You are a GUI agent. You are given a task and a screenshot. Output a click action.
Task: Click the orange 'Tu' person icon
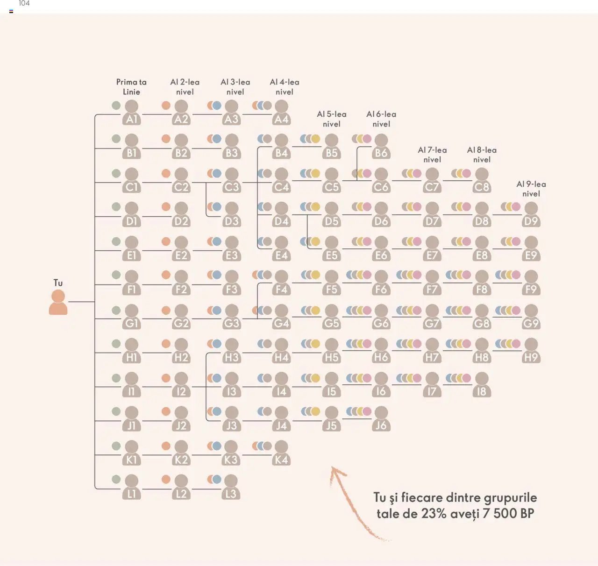pyautogui.click(x=58, y=302)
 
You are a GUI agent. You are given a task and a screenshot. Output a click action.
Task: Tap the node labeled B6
pyautogui.click(x=381, y=147)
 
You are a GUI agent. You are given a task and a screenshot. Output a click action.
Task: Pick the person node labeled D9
pyautogui.click(x=531, y=215)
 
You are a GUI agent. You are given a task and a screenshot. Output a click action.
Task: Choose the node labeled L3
pyautogui.click(x=231, y=488)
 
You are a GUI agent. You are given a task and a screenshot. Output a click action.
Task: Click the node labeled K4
pyautogui.click(x=281, y=453)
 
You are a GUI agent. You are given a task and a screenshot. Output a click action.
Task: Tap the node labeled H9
pyautogui.click(x=531, y=351)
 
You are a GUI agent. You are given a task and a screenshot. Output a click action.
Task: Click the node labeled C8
pyautogui.click(x=482, y=181)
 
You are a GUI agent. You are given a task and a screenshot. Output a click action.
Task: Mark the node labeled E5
pyautogui.click(x=331, y=249)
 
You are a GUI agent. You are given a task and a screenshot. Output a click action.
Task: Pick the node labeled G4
pyautogui.click(x=281, y=317)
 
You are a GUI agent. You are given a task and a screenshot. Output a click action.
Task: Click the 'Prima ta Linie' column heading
pyautogui.click(x=131, y=87)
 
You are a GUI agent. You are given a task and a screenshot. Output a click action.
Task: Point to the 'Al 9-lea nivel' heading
pyautogui.click(x=531, y=189)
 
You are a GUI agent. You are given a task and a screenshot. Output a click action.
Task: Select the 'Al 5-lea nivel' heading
pyautogui.click(x=332, y=119)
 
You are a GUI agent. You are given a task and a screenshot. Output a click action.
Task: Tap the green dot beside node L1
pyautogui.click(x=116, y=479)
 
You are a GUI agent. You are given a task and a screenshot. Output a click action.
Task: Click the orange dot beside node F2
pyautogui.click(x=166, y=275)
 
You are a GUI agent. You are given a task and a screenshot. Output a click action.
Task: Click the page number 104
pyautogui.click(x=24, y=4)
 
